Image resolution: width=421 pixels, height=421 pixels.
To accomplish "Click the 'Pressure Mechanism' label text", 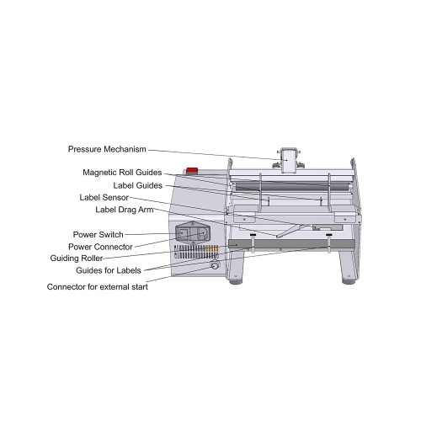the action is (107, 149).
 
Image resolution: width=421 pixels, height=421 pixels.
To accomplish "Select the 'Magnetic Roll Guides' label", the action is (122, 173).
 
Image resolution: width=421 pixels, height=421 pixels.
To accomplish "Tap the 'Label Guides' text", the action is (138, 185).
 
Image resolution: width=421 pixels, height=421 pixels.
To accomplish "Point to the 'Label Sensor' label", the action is (104, 198).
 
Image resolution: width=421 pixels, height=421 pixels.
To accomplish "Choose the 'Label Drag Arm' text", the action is (125, 210).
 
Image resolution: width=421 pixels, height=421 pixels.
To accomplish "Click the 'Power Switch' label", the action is (99, 235).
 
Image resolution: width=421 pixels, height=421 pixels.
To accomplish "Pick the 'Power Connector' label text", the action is (100, 247).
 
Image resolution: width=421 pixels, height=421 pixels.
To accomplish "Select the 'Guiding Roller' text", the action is (77, 258).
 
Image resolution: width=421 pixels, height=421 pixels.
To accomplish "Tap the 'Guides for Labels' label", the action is (109, 270).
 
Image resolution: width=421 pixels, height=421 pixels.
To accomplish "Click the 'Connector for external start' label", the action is (98, 287).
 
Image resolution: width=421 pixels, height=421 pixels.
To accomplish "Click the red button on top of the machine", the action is (192, 170).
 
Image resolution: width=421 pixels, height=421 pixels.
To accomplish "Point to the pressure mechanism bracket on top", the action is (289, 159).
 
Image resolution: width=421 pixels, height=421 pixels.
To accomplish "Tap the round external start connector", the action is (215, 264).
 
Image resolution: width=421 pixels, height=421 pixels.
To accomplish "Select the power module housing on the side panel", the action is (193, 232).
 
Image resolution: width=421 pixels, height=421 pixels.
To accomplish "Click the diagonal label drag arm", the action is (291, 231).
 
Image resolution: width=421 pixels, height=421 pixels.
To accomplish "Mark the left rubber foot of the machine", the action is (236, 281).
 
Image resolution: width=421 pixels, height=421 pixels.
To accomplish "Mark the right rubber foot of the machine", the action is (349, 281).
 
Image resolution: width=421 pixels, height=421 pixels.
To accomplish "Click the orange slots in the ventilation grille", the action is (212, 248).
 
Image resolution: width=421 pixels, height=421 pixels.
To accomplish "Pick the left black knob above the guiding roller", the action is (253, 235).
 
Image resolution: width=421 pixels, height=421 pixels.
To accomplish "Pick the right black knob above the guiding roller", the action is (329, 234).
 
